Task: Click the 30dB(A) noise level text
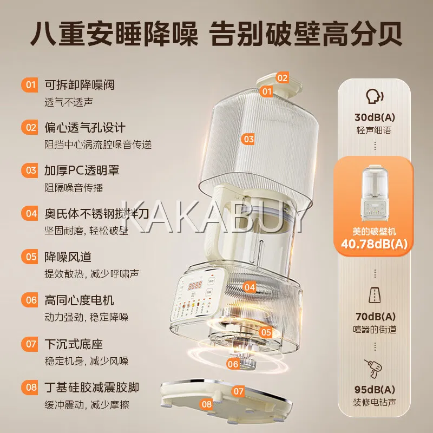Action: pyautogui.click(x=375, y=117)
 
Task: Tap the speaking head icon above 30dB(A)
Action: pyautogui.click(x=375, y=96)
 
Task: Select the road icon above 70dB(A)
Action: pyautogui.click(x=375, y=295)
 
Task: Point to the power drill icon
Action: pyautogui.click(x=373, y=369)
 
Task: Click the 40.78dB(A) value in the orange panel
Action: pyautogui.click(x=374, y=244)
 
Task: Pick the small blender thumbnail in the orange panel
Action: pyautogui.click(x=374, y=193)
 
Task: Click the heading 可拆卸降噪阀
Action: pyautogui.click(x=80, y=85)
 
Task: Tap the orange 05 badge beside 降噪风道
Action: pyautogui.click(x=30, y=257)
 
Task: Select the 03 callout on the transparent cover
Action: pyautogui.click(x=248, y=139)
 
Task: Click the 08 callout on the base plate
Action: pyautogui.click(x=206, y=404)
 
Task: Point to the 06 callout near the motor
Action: pyautogui.click(x=233, y=364)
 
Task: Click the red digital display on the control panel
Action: pyautogui.click(x=195, y=285)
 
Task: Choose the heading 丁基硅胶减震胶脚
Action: pyautogui.click(x=91, y=388)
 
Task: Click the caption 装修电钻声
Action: pyautogui.click(x=375, y=402)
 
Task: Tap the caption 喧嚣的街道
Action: pyautogui.click(x=375, y=329)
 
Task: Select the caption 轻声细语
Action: pyautogui.click(x=374, y=130)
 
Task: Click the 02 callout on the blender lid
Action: pyautogui.click(x=282, y=78)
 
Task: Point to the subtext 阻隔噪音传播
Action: pyautogui.click(x=74, y=188)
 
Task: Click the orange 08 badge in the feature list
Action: pyautogui.click(x=30, y=387)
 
